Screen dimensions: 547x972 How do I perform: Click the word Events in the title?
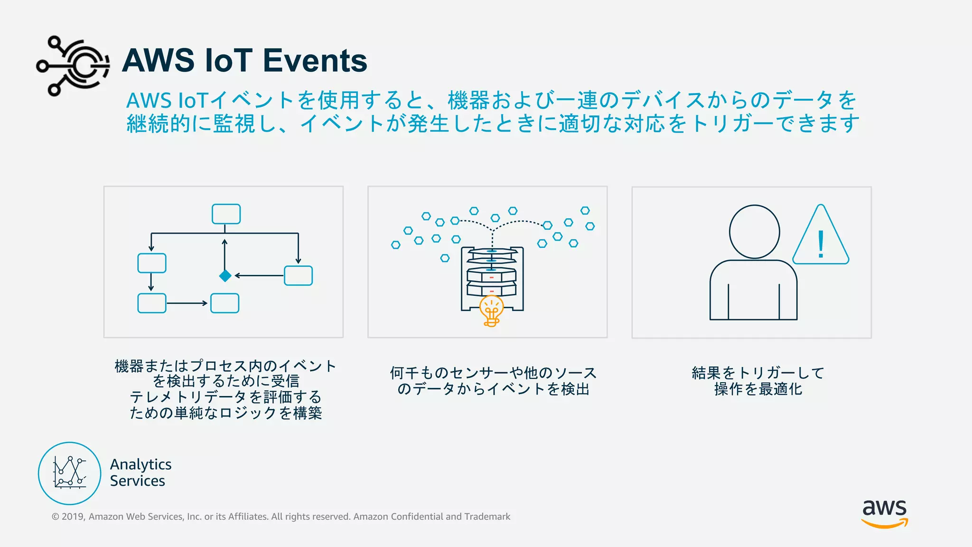pos(315,61)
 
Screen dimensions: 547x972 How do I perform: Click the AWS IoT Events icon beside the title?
pos(73,66)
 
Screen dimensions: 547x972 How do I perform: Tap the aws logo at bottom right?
pos(885,513)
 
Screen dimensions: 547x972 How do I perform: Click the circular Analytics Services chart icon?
pos(69,473)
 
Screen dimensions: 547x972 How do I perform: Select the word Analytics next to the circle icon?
pos(140,464)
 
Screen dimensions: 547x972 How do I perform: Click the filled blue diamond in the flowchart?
pos(225,275)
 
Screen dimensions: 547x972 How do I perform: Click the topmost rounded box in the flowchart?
pos(226,214)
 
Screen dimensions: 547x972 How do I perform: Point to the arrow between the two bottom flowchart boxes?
pos(187,303)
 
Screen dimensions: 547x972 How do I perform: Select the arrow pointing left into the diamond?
pos(259,275)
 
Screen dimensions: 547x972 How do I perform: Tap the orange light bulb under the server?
pos(491,310)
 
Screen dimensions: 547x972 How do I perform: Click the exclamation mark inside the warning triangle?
pos(821,244)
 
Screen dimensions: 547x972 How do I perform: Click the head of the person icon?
pos(754,232)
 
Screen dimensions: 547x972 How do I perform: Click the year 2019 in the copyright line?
pos(73,517)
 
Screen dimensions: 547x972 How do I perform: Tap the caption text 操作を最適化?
pos(758,389)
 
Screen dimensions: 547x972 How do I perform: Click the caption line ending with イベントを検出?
pos(493,389)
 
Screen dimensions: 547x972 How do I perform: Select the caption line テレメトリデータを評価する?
pos(225,397)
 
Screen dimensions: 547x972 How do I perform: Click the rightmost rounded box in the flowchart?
pos(298,275)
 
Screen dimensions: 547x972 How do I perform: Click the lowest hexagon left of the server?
pos(445,258)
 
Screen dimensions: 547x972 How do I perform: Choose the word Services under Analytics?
pos(138,481)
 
